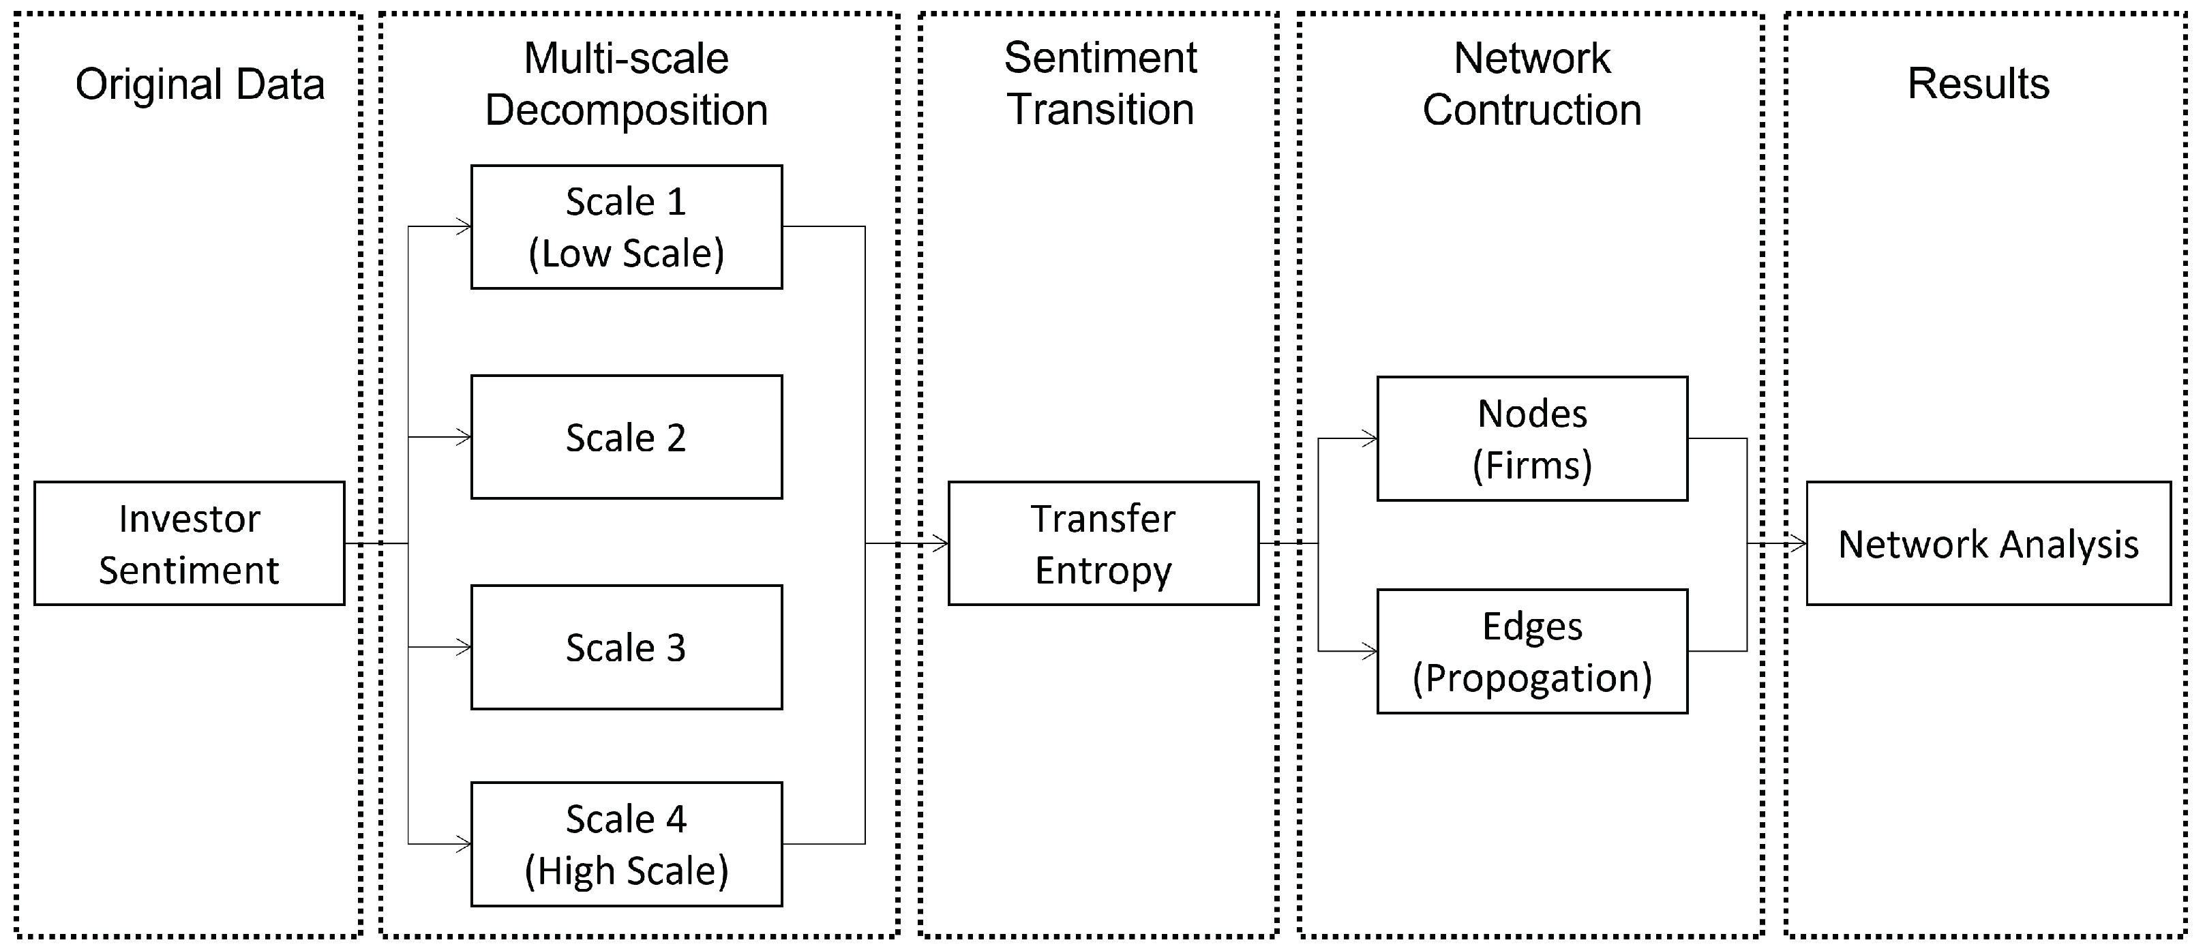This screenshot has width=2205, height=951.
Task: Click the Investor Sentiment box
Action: point(189,543)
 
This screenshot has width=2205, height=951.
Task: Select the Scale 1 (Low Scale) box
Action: point(626,227)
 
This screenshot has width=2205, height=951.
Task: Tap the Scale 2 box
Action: point(626,438)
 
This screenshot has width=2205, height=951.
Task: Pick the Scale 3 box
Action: point(626,647)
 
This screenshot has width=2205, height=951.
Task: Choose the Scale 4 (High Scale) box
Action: point(626,844)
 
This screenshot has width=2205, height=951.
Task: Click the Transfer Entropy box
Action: point(1102,543)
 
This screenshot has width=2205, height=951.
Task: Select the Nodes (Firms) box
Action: point(1531,438)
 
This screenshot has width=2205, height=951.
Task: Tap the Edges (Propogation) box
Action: point(1531,652)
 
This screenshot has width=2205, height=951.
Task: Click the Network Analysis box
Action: point(1987,543)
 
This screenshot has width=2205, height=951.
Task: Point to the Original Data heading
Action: point(200,84)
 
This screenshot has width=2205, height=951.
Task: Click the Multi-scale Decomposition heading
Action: point(626,84)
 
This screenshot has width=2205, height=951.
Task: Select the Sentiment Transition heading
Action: point(1100,83)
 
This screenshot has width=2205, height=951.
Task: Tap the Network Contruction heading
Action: point(1531,84)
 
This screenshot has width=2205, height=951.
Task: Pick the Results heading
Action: point(1978,83)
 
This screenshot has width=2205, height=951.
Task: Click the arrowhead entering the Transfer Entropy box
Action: point(941,543)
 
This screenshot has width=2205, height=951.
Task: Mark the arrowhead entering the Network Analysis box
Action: point(1799,543)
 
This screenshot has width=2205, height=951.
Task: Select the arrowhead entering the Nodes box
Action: point(1370,438)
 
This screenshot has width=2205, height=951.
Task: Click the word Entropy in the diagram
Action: point(1102,570)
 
